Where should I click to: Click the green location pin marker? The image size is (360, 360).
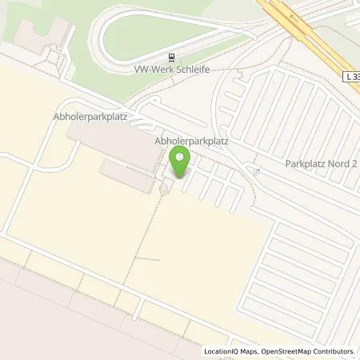tap(182, 164)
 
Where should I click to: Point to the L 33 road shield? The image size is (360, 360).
tap(352, 74)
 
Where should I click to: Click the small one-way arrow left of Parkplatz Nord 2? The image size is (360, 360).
tap(256, 170)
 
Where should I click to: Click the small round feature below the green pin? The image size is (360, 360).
tap(165, 189)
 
